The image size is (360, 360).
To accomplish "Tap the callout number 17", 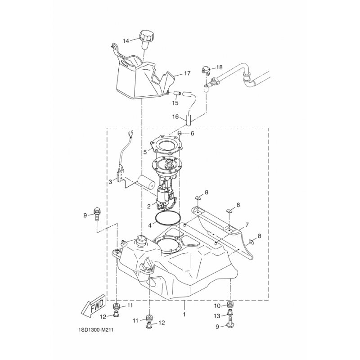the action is tap(187, 73).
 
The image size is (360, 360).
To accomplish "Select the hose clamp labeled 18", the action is tap(206, 70).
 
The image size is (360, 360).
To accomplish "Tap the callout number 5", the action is tap(145, 152).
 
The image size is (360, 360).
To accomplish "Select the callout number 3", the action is tap(110, 182).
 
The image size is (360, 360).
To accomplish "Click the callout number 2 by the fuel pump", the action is tap(149, 207).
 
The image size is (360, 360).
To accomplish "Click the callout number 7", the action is tap(247, 224).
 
